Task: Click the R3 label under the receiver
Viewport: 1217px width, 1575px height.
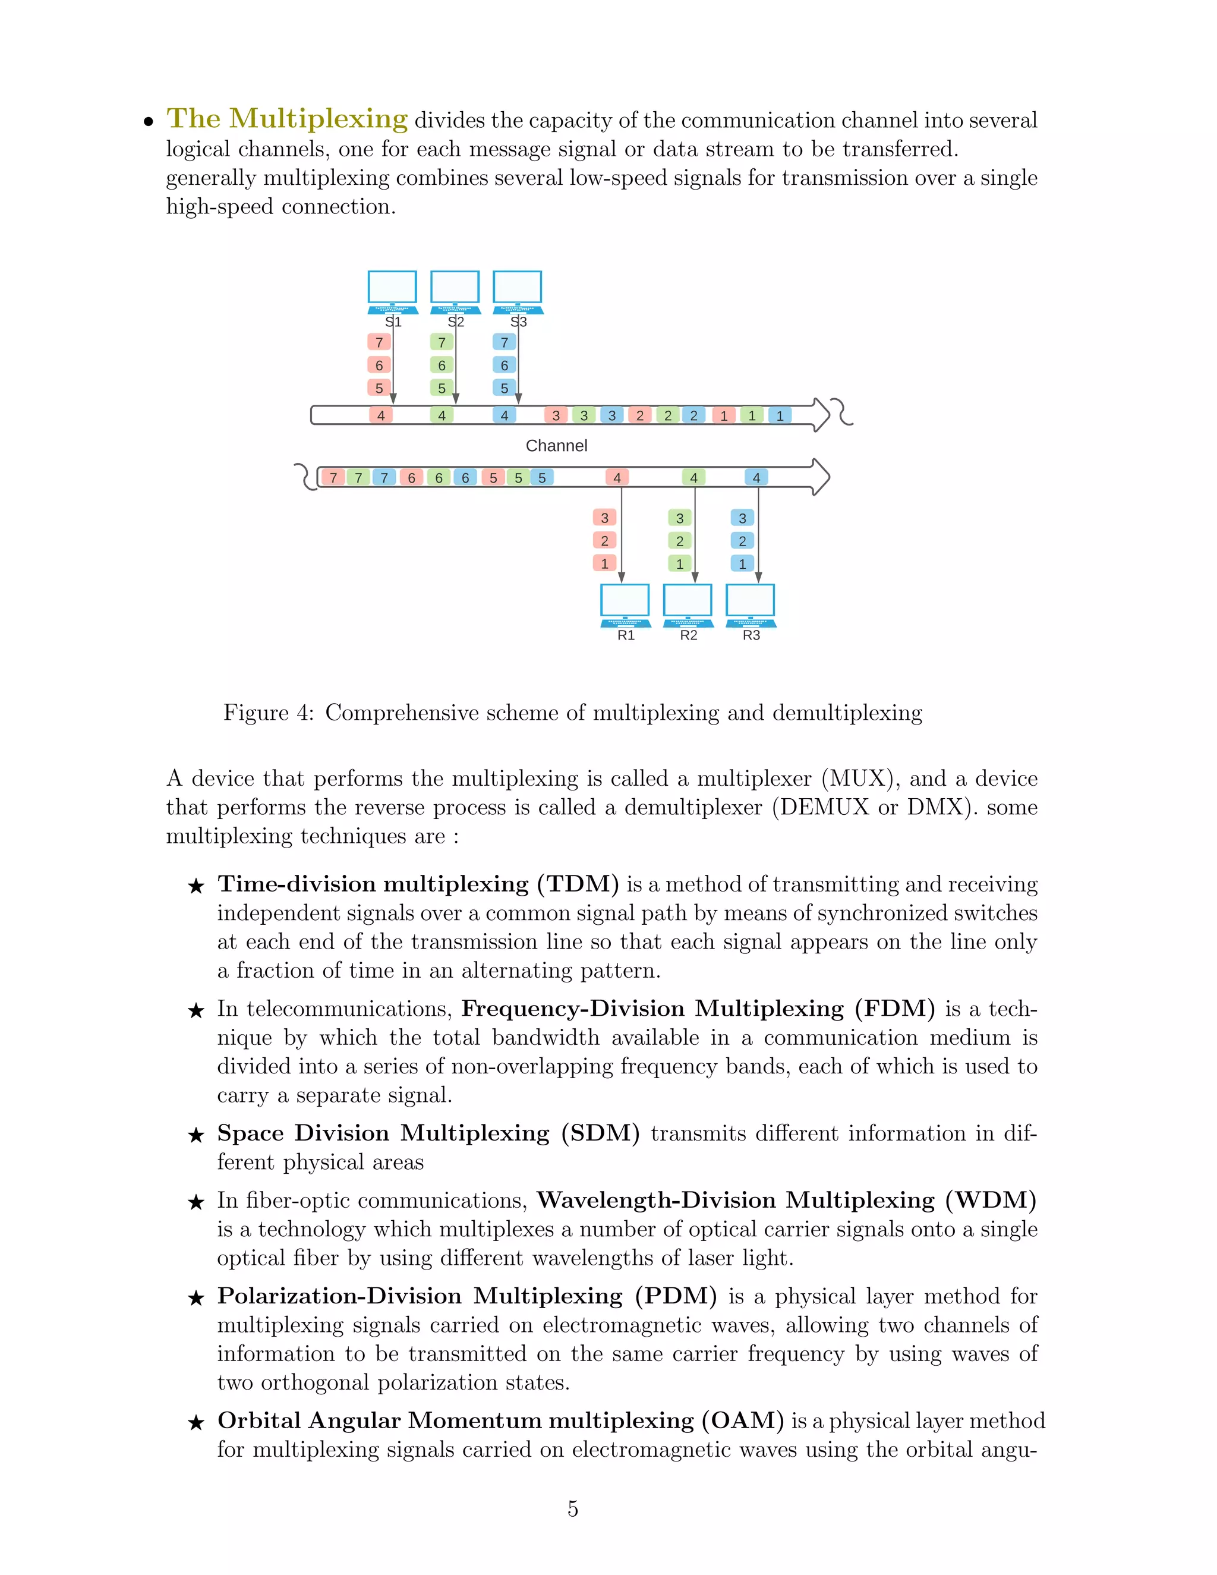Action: (751, 635)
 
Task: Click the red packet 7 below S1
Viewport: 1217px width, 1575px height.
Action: (379, 342)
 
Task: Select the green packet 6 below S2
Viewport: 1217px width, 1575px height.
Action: (442, 366)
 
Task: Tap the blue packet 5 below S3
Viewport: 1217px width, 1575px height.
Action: (504, 388)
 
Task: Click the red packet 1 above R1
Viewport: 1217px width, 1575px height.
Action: (604, 564)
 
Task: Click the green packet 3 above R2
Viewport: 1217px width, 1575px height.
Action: (679, 518)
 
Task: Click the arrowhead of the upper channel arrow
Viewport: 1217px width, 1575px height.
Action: (821, 415)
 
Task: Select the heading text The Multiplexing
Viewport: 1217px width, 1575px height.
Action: (287, 118)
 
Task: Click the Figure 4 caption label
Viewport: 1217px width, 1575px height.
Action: (267, 713)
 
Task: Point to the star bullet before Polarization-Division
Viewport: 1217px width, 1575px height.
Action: (196, 1299)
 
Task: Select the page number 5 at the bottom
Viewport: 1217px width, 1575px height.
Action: (572, 1508)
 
